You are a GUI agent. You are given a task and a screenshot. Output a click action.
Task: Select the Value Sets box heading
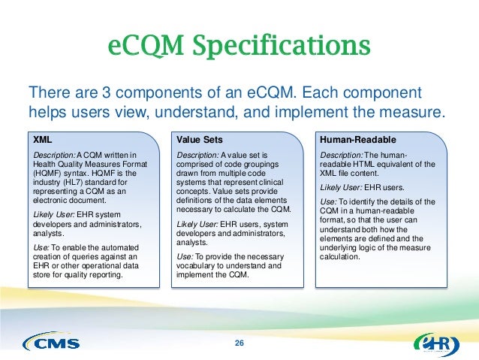(x=198, y=139)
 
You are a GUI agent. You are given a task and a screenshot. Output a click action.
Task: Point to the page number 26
(x=239, y=343)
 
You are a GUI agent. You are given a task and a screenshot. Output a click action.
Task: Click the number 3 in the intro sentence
(x=96, y=94)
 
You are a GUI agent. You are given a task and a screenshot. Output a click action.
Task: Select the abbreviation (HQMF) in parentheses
(x=50, y=174)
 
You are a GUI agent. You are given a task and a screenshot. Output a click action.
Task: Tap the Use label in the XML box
(x=43, y=247)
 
